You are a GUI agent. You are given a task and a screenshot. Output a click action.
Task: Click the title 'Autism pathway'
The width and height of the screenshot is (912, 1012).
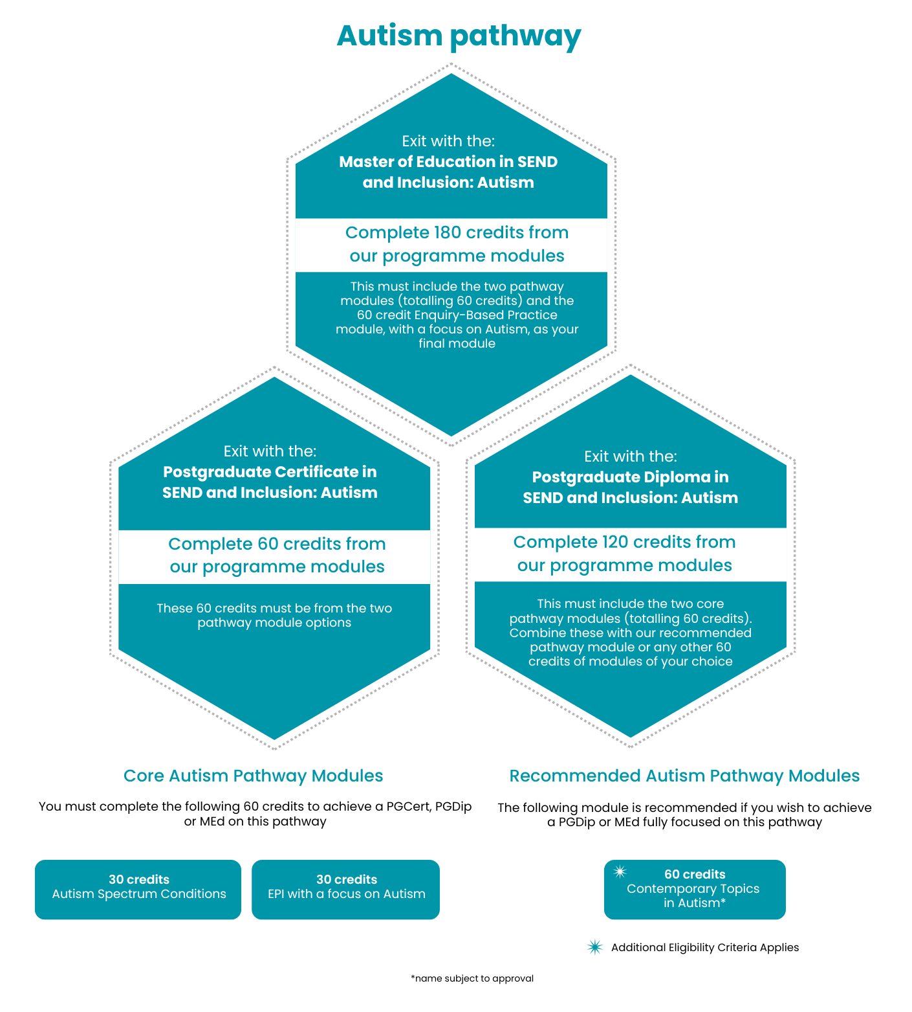coord(458,36)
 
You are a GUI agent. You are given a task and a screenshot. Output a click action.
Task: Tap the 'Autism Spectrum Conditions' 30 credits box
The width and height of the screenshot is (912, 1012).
coord(138,889)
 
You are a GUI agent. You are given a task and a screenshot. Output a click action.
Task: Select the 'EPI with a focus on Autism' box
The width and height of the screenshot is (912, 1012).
coord(345,889)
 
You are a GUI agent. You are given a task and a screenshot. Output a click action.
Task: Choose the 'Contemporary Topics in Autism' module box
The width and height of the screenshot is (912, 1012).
coord(695,890)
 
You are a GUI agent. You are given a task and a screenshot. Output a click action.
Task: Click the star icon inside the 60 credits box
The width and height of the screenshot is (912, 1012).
coord(620,871)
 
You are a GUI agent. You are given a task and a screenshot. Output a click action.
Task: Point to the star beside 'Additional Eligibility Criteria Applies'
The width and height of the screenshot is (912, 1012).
coord(594,947)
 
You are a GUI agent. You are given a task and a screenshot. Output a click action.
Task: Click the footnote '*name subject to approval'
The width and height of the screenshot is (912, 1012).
coord(472,978)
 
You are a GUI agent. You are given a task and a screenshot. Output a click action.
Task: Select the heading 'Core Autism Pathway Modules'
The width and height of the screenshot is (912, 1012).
coord(253,776)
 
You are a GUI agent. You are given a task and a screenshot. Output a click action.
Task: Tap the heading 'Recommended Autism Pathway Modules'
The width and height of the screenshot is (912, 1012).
coord(684,776)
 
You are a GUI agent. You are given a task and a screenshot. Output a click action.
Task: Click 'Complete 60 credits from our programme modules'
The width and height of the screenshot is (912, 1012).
coord(277,556)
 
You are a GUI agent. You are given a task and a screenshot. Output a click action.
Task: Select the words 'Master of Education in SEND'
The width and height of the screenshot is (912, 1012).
coord(448,162)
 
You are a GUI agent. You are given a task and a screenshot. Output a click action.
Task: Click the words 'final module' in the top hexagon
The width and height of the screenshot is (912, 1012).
coord(457,344)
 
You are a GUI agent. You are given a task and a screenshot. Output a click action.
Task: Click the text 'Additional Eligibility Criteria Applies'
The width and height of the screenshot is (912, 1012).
coord(705,947)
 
